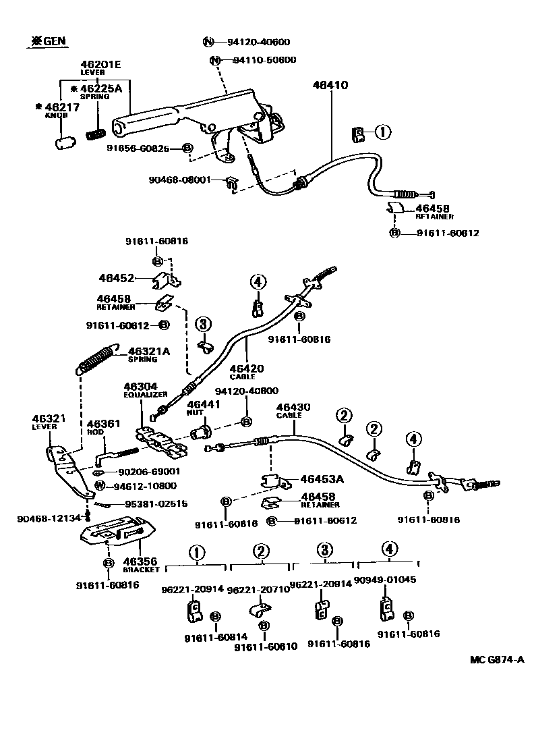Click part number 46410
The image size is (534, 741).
pos(330,85)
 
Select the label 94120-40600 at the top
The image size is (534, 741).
pos(258,42)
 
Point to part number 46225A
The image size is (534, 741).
pos(100,88)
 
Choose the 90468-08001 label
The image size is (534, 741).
pos(180,180)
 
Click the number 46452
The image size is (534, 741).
pos(115,277)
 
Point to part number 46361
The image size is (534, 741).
pos(103,424)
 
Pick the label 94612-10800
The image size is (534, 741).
pos(145,486)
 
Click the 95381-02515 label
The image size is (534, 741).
pos(156,503)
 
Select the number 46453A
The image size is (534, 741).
pos(322,480)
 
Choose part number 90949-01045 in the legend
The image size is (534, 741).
pos(384,580)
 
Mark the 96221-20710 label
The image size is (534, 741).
pos(259,589)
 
